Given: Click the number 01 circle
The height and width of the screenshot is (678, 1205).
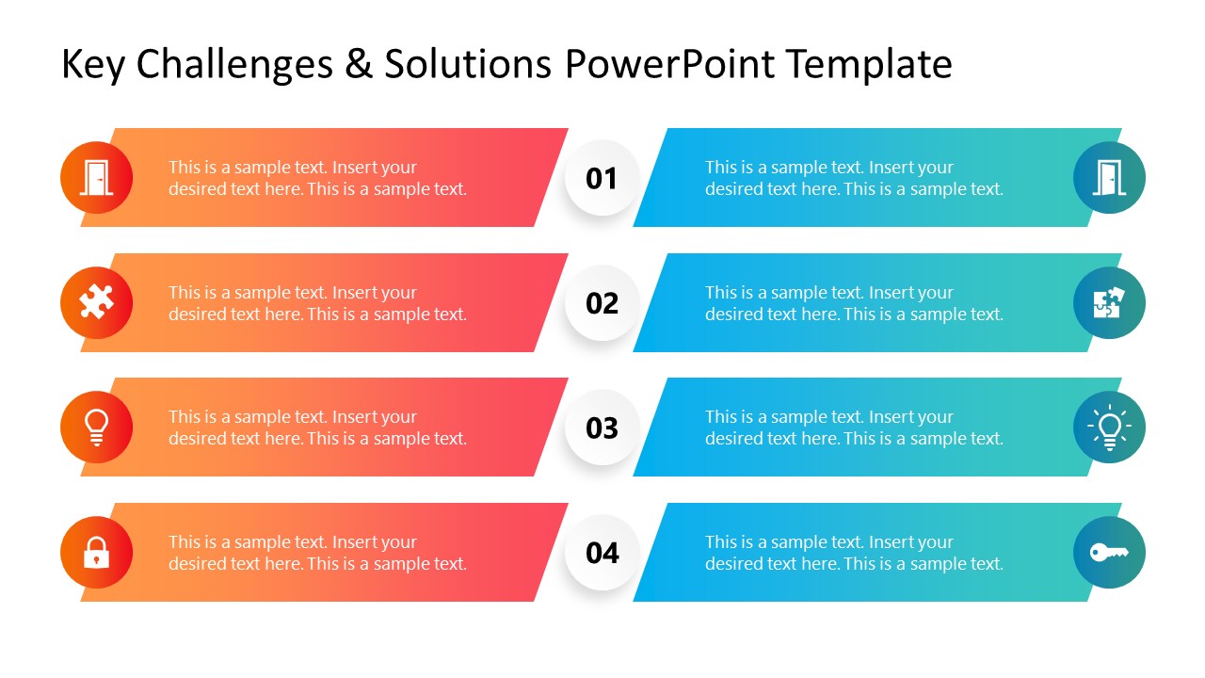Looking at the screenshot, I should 602,178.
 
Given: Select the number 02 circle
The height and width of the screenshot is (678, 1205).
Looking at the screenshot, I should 602,303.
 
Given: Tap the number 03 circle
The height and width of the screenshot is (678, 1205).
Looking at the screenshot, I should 602,428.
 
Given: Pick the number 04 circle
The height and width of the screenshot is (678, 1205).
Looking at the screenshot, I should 602,553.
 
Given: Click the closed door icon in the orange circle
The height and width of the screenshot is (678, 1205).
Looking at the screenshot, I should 96,178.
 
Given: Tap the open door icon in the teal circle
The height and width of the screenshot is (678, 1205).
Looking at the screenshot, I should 1109,178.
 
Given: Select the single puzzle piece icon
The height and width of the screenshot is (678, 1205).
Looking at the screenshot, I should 96,303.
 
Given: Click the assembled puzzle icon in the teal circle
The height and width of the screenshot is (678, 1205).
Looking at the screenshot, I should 1109,303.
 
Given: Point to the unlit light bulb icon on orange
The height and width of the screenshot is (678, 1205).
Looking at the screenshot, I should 96,428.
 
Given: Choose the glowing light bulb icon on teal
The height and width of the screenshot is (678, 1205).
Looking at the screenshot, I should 1109,428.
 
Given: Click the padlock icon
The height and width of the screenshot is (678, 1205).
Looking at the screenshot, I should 96,553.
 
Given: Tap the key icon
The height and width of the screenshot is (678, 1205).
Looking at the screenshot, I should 1109,553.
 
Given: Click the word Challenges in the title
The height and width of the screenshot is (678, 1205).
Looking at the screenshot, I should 234,65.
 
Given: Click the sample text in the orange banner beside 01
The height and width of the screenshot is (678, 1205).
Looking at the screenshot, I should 317,178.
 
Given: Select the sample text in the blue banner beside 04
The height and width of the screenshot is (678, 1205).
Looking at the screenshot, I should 854,553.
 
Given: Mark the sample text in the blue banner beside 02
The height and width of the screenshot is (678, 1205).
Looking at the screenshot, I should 854,303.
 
